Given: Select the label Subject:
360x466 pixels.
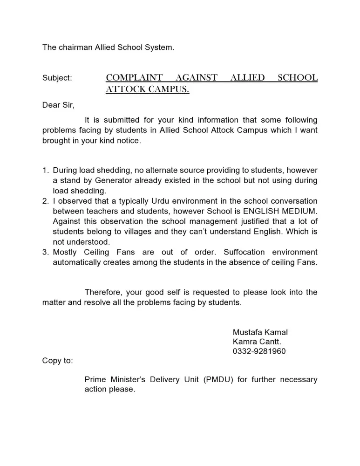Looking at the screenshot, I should point(57,78).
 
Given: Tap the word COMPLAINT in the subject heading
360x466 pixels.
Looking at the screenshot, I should point(134,78).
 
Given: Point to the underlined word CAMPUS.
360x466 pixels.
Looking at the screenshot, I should point(169,89).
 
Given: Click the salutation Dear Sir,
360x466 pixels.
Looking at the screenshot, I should point(58,105).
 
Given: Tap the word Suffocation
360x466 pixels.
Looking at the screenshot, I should point(245,252).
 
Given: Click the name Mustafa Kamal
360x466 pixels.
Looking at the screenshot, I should point(260,332).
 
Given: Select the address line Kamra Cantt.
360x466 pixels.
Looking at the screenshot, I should point(257,342).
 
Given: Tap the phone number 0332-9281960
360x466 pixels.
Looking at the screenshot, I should point(259,351).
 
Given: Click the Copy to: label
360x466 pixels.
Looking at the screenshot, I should point(57,361).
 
